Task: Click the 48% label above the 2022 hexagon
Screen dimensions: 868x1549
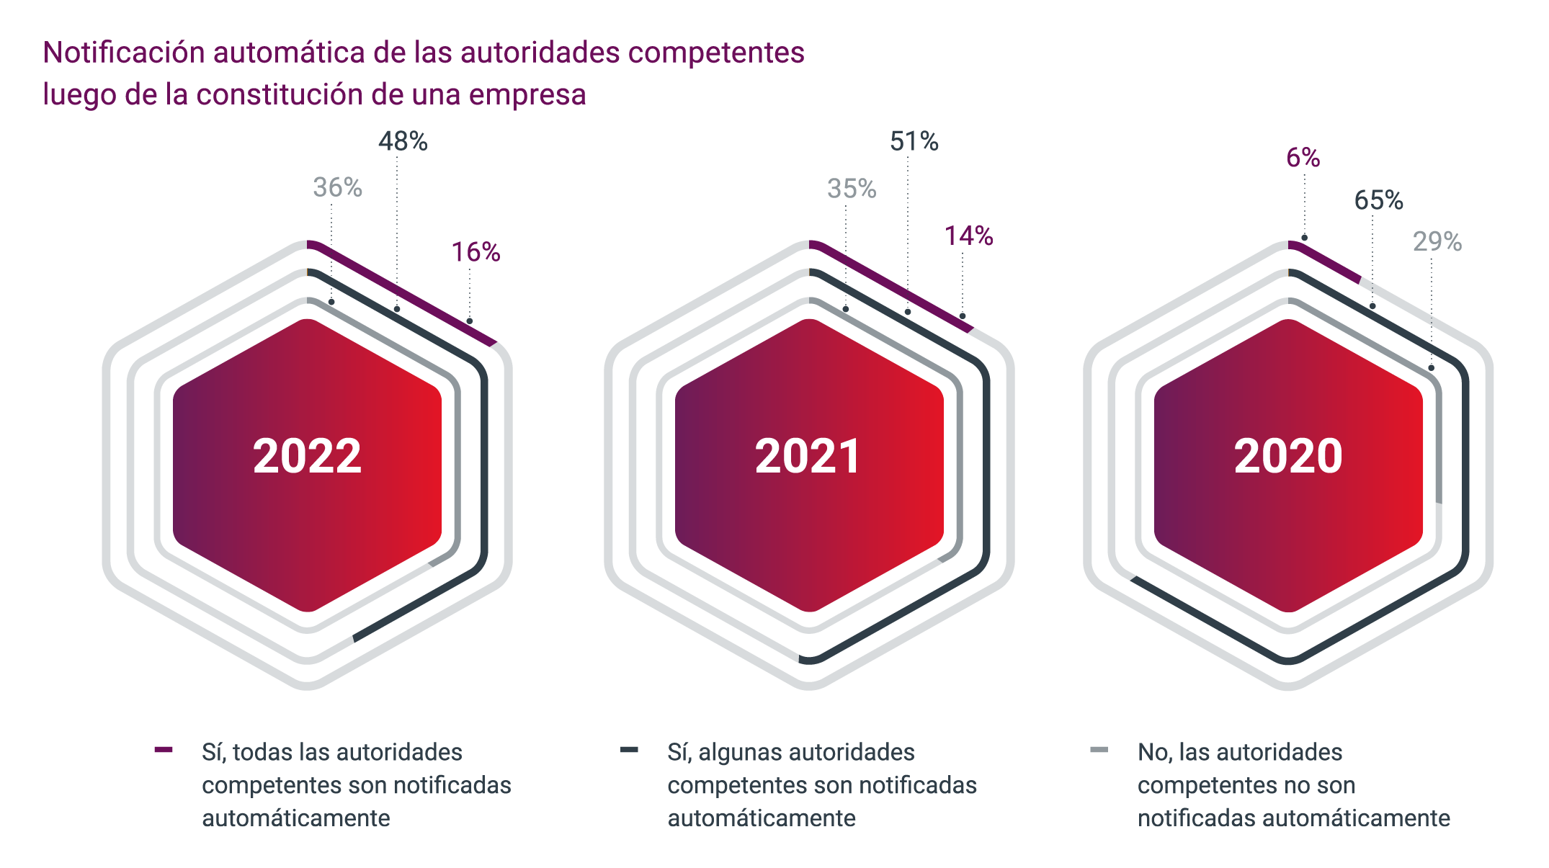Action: (x=403, y=142)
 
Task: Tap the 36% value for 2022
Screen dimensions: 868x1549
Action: (x=337, y=188)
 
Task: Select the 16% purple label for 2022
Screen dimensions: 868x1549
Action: (x=476, y=252)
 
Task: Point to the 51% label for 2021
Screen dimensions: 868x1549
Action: (x=914, y=142)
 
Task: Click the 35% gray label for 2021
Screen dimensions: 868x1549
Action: (x=851, y=189)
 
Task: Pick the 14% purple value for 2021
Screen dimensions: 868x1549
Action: (x=968, y=236)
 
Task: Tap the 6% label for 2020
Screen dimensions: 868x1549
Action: (x=1303, y=158)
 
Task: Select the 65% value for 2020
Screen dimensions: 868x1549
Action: (x=1378, y=200)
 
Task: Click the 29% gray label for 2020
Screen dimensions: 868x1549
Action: (x=1437, y=242)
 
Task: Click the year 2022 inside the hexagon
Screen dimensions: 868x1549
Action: (x=307, y=456)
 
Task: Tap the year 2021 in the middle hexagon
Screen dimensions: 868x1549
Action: (x=808, y=456)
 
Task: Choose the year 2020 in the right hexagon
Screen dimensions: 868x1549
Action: (x=1288, y=456)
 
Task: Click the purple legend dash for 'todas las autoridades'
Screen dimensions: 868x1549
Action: (x=164, y=751)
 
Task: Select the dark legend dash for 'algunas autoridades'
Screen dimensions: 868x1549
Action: (x=629, y=751)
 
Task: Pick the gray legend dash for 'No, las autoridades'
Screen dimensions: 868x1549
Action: (x=1099, y=751)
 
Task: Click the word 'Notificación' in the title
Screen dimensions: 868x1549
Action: (x=123, y=53)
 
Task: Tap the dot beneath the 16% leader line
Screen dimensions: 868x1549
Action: (x=470, y=321)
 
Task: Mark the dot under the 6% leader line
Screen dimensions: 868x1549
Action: (x=1304, y=238)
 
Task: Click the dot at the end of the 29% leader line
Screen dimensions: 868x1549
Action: (x=1431, y=368)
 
